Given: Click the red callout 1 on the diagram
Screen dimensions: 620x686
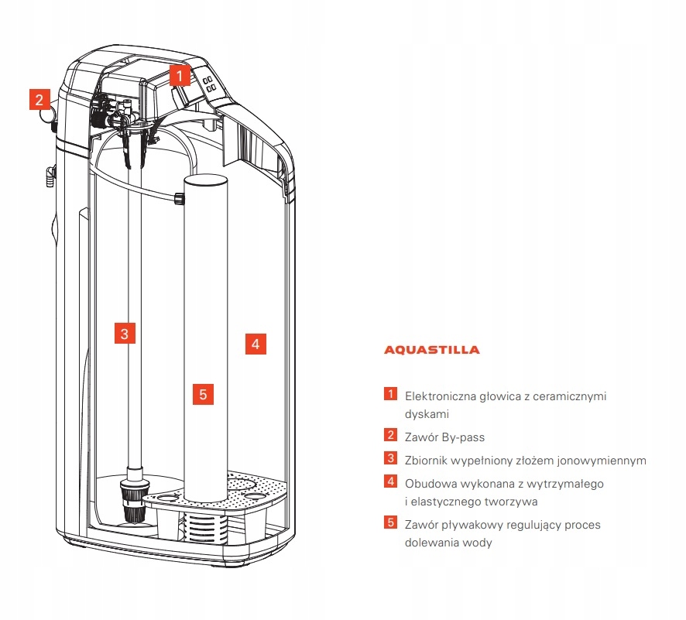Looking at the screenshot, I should (179, 76).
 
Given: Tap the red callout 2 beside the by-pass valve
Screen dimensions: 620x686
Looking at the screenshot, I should (40, 100).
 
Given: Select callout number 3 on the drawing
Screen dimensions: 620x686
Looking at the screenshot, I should (124, 334).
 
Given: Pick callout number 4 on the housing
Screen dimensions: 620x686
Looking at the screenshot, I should (256, 343).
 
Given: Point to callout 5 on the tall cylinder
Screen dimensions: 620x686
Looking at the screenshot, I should (202, 394).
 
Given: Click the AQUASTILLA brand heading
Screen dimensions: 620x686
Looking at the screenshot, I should (432, 350).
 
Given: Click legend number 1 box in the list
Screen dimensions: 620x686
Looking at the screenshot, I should (391, 394).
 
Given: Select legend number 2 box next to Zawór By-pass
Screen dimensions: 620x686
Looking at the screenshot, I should (391, 436).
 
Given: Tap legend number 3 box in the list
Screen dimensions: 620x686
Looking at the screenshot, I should (391, 459).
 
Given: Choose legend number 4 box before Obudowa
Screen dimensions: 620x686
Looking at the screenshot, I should (391, 481).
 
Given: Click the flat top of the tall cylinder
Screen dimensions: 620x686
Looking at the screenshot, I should (204, 180).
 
